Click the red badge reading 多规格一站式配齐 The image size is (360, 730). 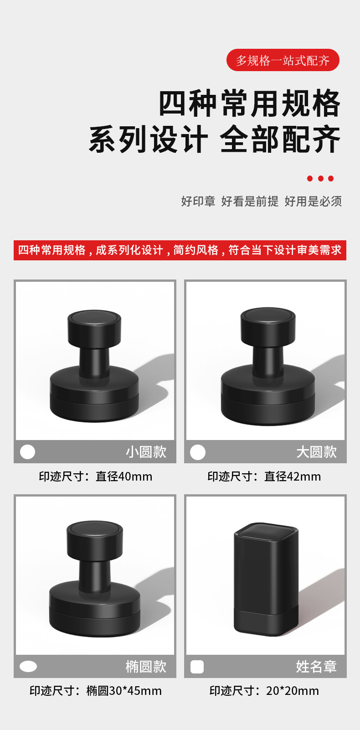pos(283,60)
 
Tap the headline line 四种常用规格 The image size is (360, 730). pos(249,104)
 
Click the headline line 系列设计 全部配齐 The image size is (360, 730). pos(215,140)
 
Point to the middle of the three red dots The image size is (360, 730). pos(320,178)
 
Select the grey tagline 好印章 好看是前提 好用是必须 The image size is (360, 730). pos(261,201)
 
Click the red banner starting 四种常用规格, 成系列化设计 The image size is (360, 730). pos(180,250)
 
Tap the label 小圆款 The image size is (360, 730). pos(146,452)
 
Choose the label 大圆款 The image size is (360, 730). pos(316,452)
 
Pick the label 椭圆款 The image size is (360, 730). pos(146,667)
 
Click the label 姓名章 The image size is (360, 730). pos(316,667)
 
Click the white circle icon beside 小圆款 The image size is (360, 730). pos(28,452)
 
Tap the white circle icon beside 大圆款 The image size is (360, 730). pos(198,452)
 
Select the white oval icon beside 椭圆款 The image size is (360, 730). pos(28,667)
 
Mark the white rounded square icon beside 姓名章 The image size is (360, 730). pos(197,667)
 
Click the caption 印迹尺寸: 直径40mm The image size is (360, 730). pos(95,476)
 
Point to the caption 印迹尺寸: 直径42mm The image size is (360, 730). pos(264,476)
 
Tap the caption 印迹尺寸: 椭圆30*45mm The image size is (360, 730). pos(95,691)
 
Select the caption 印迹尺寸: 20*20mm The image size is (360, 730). pos(264,691)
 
